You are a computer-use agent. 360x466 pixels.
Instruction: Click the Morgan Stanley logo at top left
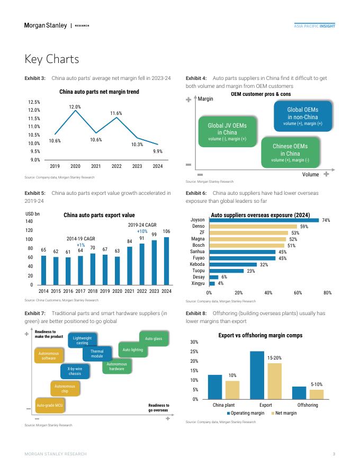[46, 25]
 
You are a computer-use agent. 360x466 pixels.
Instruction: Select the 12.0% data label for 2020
[75, 107]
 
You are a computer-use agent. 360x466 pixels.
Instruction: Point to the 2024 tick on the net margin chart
[157, 166]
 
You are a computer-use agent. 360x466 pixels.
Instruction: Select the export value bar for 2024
[166, 261]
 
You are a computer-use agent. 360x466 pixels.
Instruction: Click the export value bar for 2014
[43, 270]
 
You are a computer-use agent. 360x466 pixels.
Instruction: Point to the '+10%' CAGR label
[142, 231]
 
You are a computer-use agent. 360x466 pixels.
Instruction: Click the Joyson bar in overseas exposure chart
[264, 220]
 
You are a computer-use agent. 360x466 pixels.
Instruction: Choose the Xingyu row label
[197, 283]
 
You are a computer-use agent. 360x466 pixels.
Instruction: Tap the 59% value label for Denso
[304, 226]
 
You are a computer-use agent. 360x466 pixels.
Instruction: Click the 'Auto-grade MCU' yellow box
[50, 406]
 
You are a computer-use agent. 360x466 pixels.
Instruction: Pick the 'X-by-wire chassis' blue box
[75, 371]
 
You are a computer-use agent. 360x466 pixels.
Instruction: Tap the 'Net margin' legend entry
[284, 413]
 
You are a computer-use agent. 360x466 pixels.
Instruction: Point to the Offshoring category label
[308, 405]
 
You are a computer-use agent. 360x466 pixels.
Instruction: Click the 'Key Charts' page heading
[52, 59]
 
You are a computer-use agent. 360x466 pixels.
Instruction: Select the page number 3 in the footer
[334, 454]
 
